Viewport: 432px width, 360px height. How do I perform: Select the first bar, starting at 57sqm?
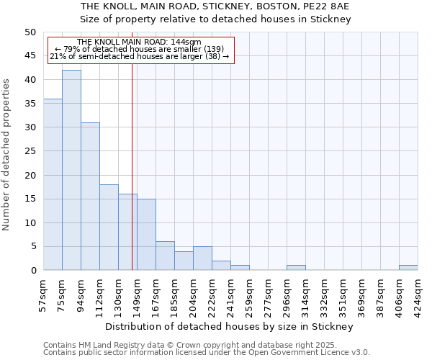(x=53, y=184)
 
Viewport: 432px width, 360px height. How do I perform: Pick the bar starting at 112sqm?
(x=109, y=227)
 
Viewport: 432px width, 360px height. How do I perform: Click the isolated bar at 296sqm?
(x=296, y=268)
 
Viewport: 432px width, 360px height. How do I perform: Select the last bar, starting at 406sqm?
(x=408, y=268)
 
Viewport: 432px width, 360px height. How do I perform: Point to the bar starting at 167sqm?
(x=165, y=256)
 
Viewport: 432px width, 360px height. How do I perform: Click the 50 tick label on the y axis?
(x=30, y=32)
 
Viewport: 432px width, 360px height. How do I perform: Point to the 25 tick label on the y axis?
(x=30, y=151)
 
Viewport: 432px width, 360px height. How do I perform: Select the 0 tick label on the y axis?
(x=32, y=271)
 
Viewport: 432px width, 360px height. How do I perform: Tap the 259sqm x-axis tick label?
(x=249, y=295)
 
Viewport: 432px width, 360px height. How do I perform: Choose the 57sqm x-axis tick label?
(x=43, y=295)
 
